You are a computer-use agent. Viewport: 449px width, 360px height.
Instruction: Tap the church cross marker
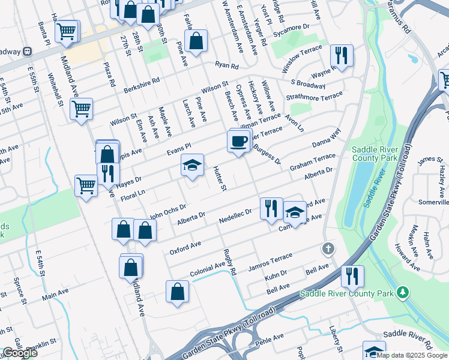pos(328,247)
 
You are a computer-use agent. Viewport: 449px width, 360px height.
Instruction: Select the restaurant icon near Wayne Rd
pos(342,56)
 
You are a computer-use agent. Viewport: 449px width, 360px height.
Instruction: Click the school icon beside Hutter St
pos(193,167)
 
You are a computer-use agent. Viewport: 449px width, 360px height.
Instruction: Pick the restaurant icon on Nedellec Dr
pos(271,208)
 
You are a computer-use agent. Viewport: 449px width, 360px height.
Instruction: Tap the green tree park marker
pos(403,292)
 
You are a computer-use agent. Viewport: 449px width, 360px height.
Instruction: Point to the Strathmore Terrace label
pos(315,97)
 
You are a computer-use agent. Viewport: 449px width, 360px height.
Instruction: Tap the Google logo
pos(20,353)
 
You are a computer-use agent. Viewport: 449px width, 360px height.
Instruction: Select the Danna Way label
pos(326,139)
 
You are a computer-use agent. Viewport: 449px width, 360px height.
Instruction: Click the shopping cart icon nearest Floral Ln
pos(86,187)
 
